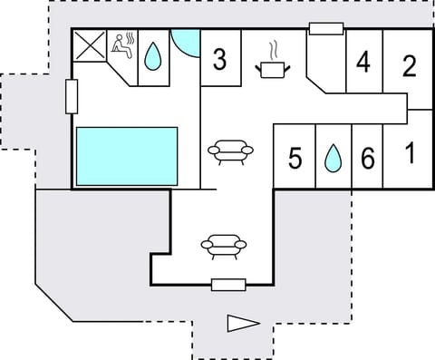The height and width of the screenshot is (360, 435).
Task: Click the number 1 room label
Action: tap(410, 153)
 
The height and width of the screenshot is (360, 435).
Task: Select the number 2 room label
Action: tap(410, 65)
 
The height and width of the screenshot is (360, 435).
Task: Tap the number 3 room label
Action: tap(220, 61)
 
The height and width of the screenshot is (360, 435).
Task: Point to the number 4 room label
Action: tap(364, 63)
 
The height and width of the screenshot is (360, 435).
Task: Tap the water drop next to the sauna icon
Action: tap(153, 59)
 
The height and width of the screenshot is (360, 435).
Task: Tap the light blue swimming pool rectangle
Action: tap(126, 156)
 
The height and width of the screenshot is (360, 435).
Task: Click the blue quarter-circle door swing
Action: tap(184, 41)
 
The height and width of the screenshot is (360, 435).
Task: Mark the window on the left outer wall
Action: tap(72, 95)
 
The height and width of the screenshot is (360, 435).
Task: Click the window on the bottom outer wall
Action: tap(228, 285)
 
